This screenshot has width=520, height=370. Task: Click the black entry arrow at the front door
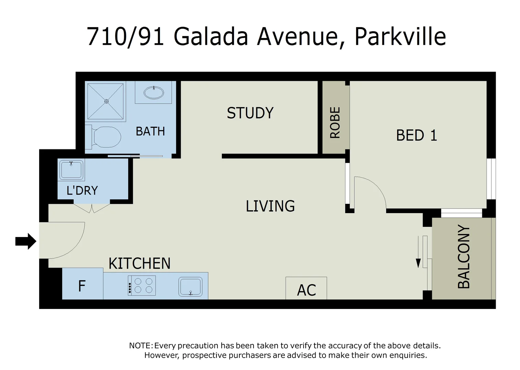tap(26, 241)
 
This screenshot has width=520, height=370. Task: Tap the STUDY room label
tap(250, 113)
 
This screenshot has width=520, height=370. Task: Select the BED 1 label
tap(416, 135)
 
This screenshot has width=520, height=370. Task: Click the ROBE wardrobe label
tap(335, 123)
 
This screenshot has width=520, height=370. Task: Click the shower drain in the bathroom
tap(106, 101)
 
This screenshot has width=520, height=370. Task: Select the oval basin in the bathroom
tap(153, 92)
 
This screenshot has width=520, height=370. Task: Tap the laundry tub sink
tap(71, 170)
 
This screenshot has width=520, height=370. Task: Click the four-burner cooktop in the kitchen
tap(142, 285)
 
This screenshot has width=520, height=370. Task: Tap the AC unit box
tap(306, 289)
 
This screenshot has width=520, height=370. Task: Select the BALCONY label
tap(464, 257)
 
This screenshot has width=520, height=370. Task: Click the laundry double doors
tap(92, 208)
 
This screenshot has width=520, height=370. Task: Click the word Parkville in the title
tap(400, 36)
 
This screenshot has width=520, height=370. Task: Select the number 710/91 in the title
tap(126, 36)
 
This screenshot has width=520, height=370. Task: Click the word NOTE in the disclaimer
tap(140, 346)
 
